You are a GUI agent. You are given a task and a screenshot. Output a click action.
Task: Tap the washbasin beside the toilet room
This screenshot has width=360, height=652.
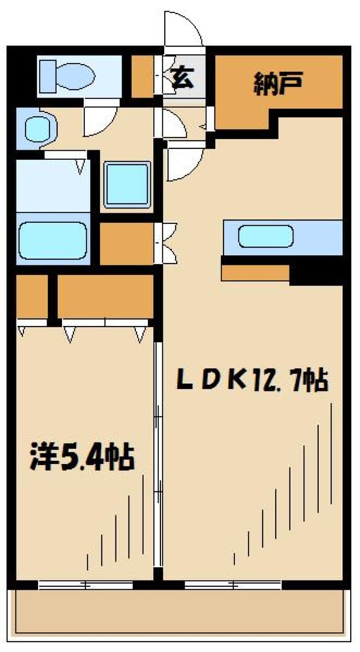click(x=37, y=128)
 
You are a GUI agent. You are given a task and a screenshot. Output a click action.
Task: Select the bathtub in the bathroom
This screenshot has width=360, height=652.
click(x=53, y=241)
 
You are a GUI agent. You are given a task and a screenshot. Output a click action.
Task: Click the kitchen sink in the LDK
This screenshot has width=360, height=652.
click(x=266, y=236)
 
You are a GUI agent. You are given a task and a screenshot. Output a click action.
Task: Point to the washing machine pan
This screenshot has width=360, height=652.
click(x=127, y=185)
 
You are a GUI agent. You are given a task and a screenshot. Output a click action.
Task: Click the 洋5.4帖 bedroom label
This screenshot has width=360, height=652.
click(x=82, y=457)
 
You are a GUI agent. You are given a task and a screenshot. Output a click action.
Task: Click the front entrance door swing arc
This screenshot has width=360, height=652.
click(x=184, y=29)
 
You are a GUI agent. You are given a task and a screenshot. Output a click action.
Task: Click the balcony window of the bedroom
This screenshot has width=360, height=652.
click(x=86, y=585)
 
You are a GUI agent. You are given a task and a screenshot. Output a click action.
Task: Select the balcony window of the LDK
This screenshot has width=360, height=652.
click(x=233, y=585)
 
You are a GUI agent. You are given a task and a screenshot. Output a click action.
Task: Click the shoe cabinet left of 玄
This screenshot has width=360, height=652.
click(x=143, y=77)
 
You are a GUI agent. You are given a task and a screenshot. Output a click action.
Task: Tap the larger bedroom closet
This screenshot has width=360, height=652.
click(x=105, y=296)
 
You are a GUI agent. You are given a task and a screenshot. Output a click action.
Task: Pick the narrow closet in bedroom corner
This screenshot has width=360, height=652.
click(x=32, y=296)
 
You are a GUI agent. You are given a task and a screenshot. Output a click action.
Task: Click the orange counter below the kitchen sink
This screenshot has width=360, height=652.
click(x=255, y=273)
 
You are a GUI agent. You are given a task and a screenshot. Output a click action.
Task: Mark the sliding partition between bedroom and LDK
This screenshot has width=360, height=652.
click(x=158, y=453)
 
